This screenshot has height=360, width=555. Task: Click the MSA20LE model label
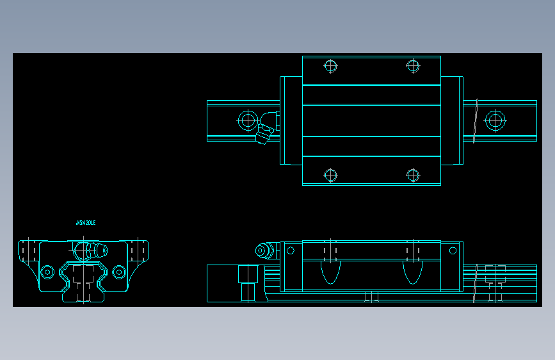[86, 223]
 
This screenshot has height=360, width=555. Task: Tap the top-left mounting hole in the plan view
[330, 65]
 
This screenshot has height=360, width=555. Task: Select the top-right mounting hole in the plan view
[413, 65]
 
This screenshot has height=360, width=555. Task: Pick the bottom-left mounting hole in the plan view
[330, 175]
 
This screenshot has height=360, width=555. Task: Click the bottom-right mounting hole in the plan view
[413, 175]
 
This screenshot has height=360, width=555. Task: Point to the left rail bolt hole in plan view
[247, 120]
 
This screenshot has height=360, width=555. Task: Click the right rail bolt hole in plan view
[494, 120]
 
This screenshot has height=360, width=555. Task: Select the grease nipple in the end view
[90, 249]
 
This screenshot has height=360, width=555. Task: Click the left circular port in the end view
[47, 272]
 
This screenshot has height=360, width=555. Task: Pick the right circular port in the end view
[118, 272]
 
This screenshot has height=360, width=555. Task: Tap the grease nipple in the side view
[263, 250]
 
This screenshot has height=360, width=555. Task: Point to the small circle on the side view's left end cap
[290, 250]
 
